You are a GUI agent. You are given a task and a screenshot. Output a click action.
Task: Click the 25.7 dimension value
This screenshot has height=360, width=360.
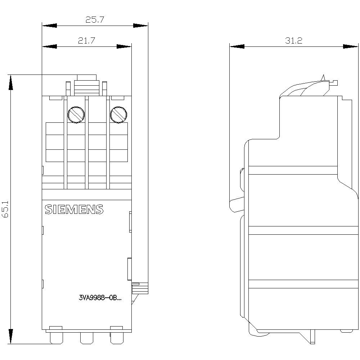coord(95,20)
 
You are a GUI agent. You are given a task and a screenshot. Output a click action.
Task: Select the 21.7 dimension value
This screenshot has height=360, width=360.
coord(86,41)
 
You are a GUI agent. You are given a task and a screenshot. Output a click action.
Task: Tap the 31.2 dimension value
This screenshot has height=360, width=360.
coord(293,41)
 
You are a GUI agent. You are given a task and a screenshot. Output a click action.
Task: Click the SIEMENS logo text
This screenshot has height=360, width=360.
coord(74,210)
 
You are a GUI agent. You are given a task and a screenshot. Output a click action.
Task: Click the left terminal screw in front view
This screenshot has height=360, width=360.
coord(76,114)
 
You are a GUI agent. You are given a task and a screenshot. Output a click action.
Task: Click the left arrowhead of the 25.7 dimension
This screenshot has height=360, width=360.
coord(49,26)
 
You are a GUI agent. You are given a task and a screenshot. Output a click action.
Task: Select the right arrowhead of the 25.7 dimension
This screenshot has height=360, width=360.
coord(141,26)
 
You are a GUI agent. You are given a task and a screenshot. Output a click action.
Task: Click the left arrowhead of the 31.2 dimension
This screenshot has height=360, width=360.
coord(237,46)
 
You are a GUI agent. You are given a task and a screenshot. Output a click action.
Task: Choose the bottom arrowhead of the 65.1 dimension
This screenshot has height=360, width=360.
coord(11,337)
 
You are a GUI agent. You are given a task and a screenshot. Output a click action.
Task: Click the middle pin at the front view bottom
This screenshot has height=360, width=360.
coord(86,338)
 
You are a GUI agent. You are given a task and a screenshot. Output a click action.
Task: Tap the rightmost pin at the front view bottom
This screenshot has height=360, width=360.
coord(116,338)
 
